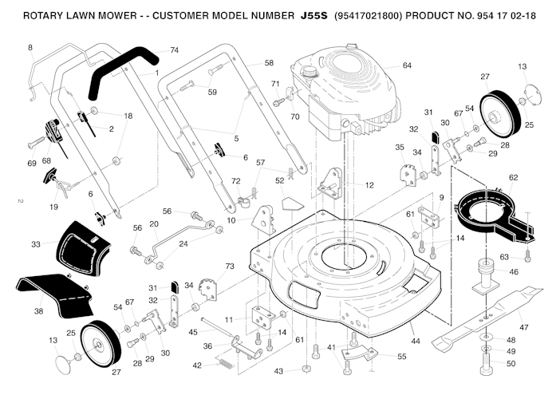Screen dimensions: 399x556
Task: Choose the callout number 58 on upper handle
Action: [268, 62]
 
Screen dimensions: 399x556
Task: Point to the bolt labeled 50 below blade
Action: [486, 369]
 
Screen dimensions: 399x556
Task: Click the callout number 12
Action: [369, 185]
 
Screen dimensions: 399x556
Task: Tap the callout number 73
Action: [230, 266]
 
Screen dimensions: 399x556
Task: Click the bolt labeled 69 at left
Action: [36, 144]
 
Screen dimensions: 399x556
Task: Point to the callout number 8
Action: [31, 48]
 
